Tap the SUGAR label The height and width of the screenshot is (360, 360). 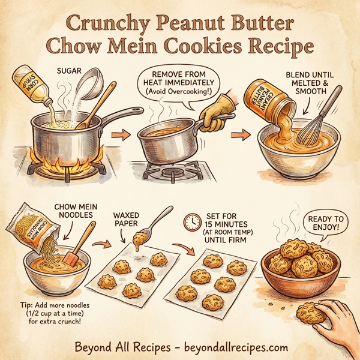(x=71, y=70)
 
